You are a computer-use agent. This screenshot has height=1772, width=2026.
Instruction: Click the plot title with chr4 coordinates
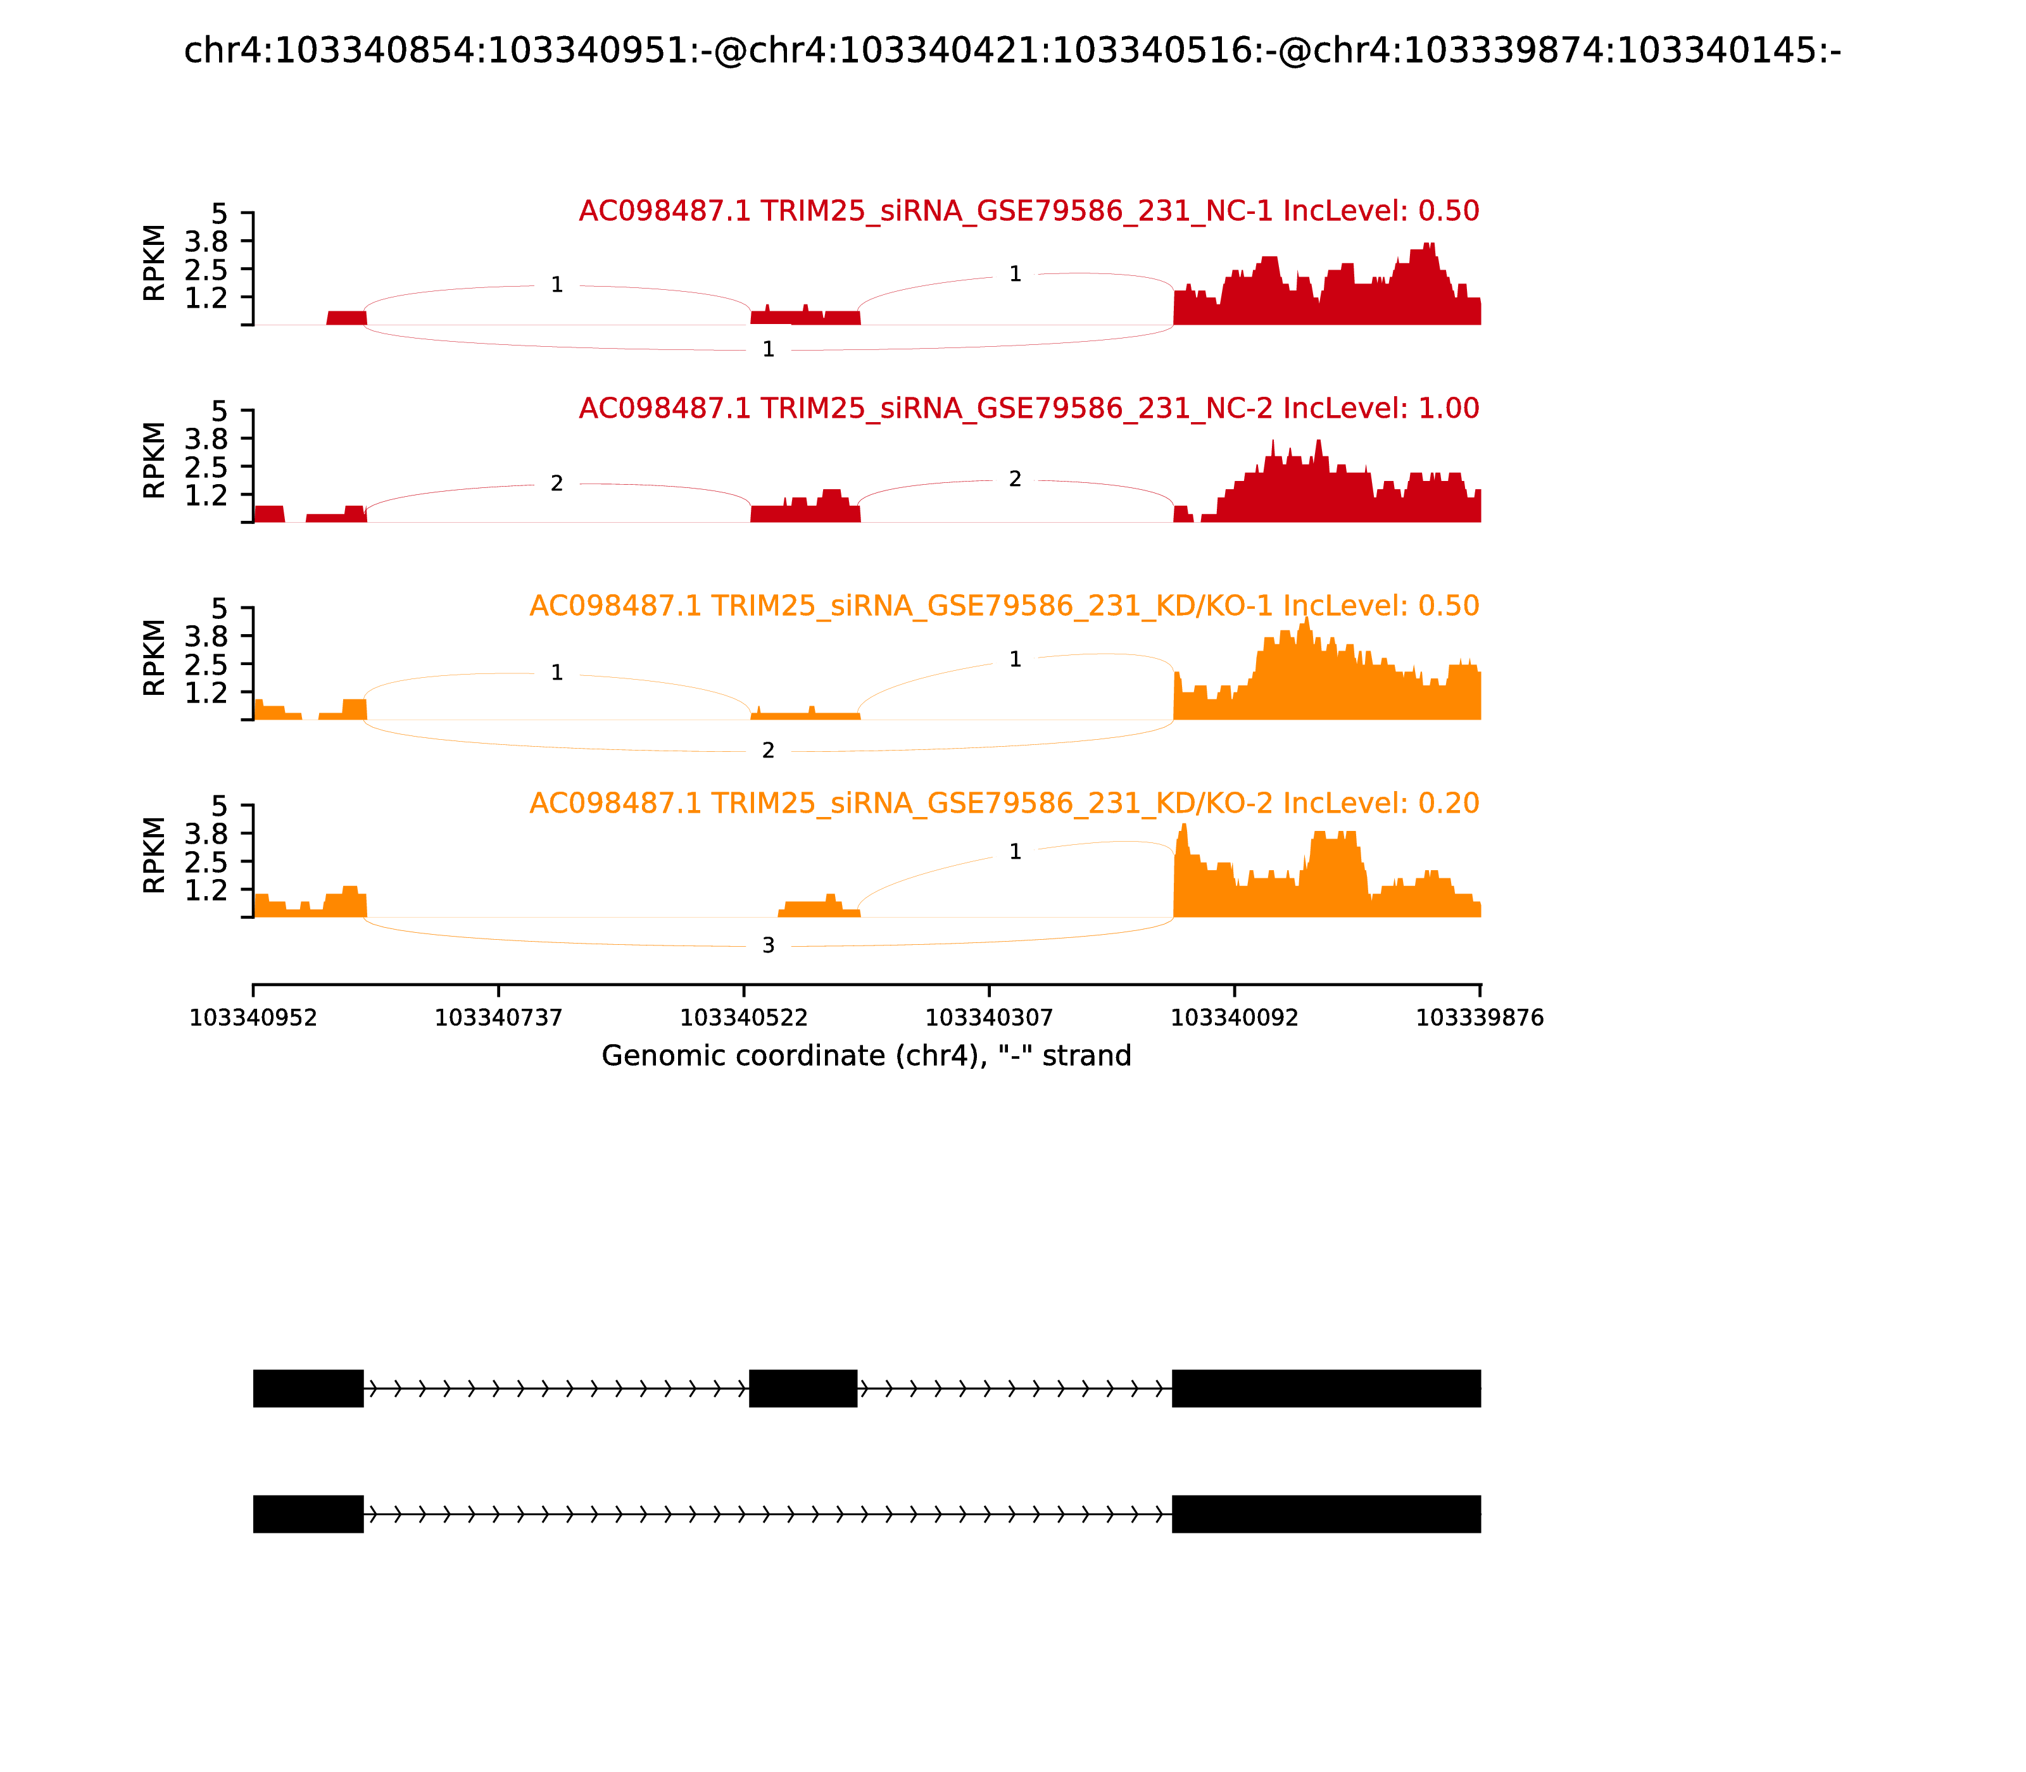point(1012,51)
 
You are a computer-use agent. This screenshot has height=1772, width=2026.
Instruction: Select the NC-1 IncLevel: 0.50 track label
point(1029,211)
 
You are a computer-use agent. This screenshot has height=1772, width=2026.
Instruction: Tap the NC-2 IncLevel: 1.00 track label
point(1029,408)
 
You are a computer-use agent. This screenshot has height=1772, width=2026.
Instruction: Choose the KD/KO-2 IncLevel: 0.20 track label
point(1004,803)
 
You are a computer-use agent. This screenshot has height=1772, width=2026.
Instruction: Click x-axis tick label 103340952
point(253,1018)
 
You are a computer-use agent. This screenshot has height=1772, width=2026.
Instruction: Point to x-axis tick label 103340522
point(744,1018)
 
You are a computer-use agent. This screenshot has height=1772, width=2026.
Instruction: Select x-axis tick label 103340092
point(1235,1018)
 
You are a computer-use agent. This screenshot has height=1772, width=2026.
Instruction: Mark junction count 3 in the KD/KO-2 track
point(769,946)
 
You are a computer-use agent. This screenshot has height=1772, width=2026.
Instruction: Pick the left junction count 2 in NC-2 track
point(557,484)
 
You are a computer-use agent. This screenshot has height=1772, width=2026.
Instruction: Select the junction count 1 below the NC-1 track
point(769,349)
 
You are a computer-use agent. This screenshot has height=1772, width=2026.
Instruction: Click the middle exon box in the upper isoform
point(803,1388)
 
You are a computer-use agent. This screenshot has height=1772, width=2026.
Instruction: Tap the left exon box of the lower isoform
point(309,1514)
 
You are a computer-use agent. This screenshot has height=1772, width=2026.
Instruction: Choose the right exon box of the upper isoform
point(1326,1388)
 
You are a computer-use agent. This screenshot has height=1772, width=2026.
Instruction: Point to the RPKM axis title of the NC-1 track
point(154,263)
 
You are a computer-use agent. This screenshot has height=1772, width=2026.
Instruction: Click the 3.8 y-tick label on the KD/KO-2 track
point(206,833)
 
